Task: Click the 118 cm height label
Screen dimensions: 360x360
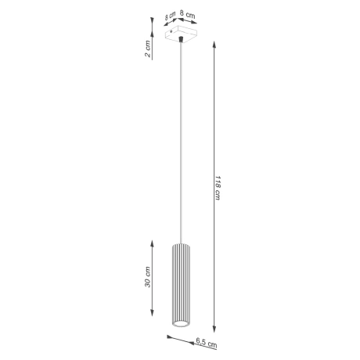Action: click(217, 185)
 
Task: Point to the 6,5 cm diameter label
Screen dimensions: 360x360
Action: click(206, 342)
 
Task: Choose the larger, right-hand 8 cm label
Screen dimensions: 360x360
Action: click(187, 13)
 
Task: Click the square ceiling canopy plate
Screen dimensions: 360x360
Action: click(181, 34)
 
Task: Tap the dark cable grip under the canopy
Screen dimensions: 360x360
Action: click(181, 39)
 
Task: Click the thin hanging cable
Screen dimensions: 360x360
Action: click(181, 141)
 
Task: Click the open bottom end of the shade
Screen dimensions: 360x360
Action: click(180, 323)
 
